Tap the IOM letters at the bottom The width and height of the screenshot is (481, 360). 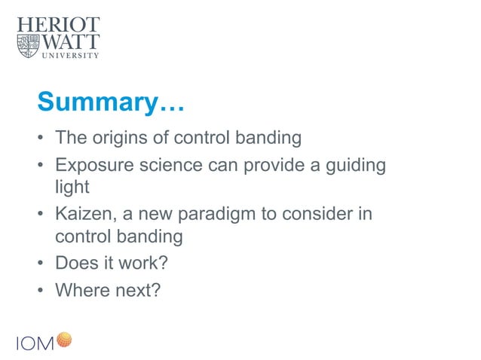35,343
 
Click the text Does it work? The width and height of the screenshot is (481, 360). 106,264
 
